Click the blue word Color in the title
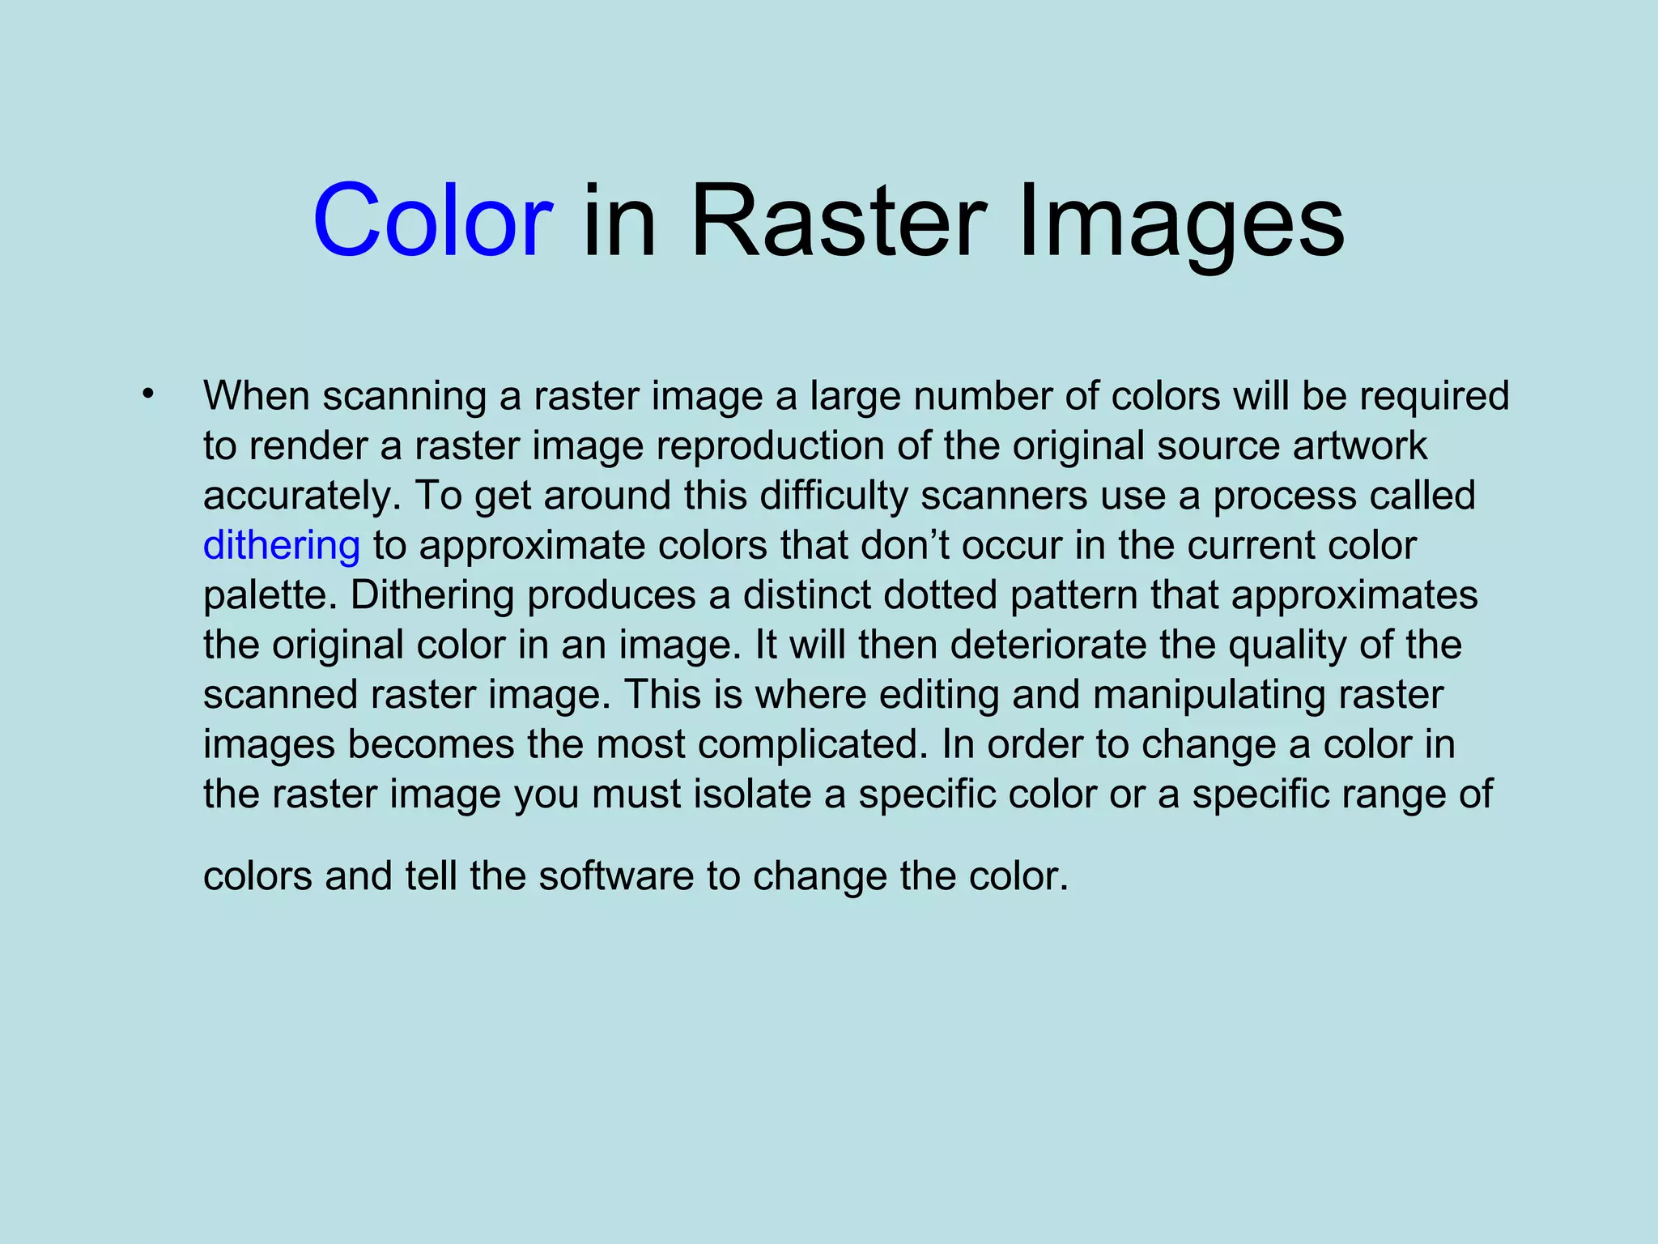(432, 220)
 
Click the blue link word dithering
(281, 546)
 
